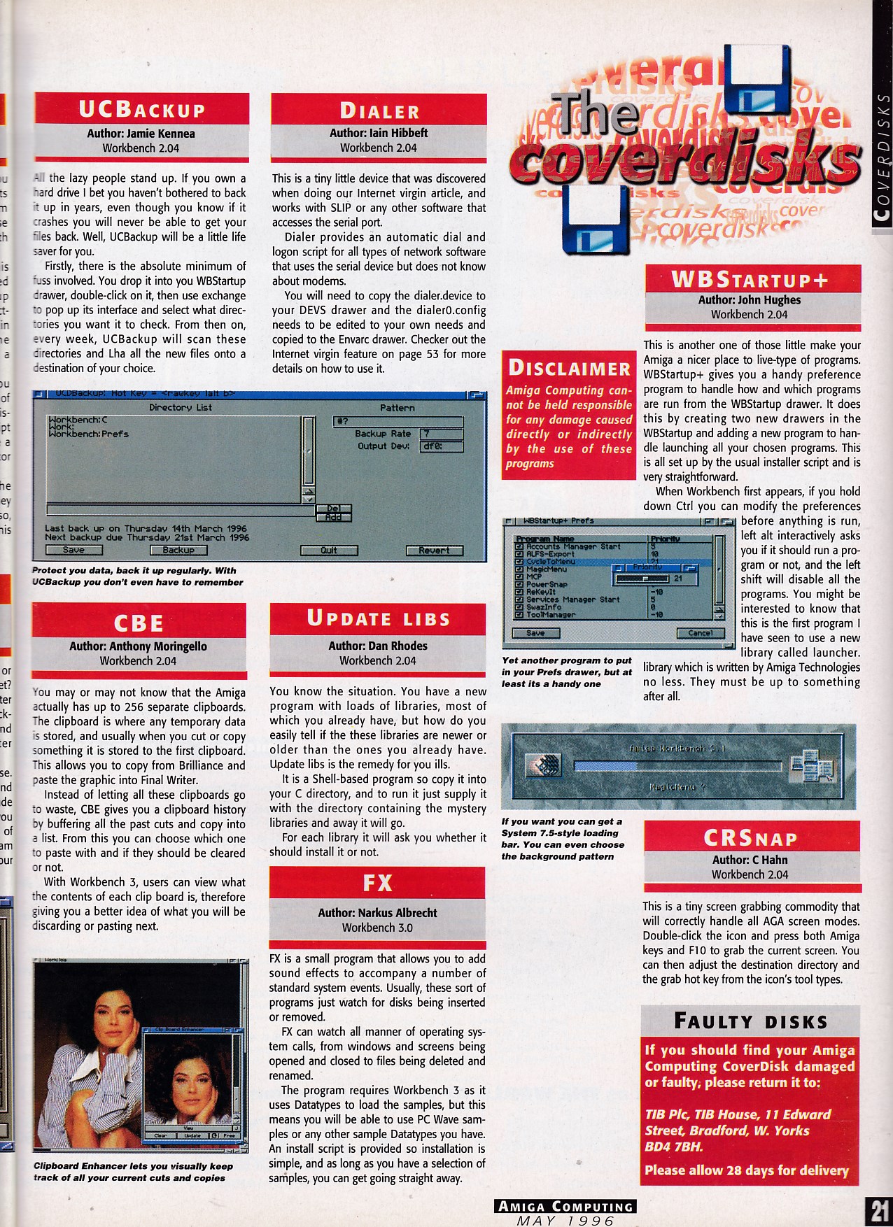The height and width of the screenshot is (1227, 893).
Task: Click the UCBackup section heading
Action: (141, 110)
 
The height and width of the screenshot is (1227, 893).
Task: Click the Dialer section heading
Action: (379, 111)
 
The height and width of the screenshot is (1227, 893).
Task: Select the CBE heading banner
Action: (139, 622)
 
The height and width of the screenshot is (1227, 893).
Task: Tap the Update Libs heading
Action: (377, 618)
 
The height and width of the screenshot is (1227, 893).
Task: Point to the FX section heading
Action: (377, 883)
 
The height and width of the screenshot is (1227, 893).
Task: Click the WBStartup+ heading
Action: (749, 280)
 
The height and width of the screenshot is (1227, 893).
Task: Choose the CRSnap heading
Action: (750, 838)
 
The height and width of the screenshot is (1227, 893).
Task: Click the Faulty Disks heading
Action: (750, 1021)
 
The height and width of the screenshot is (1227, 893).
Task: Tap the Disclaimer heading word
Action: (569, 368)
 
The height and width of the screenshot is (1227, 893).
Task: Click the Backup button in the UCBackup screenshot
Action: (178, 551)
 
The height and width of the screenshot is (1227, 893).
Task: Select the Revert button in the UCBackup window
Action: (434, 551)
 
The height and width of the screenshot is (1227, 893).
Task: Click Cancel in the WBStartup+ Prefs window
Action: (700, 633)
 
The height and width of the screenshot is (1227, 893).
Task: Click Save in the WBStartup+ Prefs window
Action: (535, 633)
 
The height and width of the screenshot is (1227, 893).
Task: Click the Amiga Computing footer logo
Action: (565, 1206)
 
